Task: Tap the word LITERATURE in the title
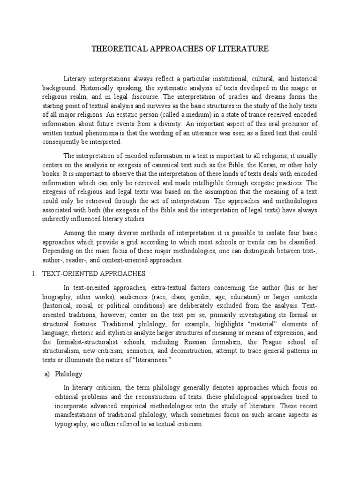[247, 48]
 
